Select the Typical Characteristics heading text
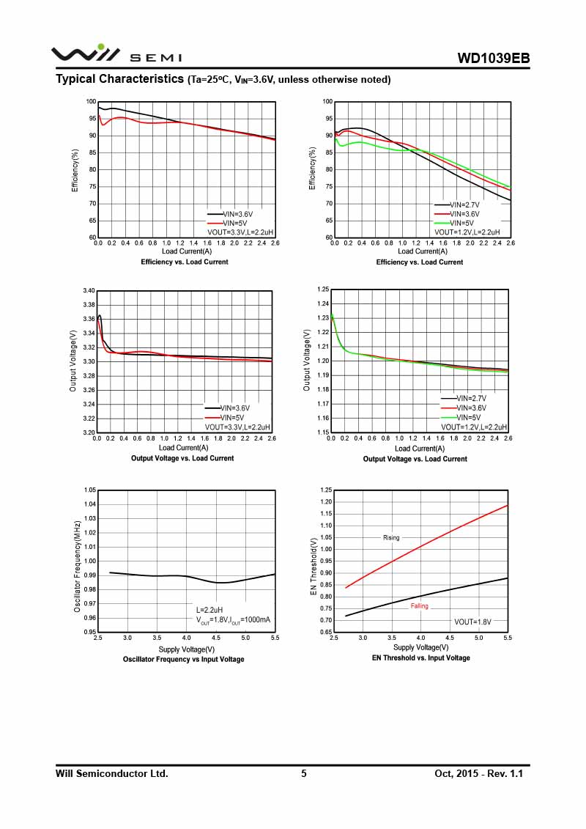click(x=119, y=79)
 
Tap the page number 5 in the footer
click(x=304, y=773)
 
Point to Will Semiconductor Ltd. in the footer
click(x=112, y=773)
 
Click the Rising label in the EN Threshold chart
click(x=391, y=538)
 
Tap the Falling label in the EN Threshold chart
click(x=419, y=606)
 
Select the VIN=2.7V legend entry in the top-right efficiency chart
click(x=464, y=205)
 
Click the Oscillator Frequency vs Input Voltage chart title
click(x=183, y=659)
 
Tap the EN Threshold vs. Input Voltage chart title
click(x=420, y=658)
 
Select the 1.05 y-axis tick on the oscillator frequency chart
click(x=89, y=490)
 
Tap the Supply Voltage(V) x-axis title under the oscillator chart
click(x=186, y=649)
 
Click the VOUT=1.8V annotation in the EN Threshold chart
click(x=472, y=622)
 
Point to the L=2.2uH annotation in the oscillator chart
click(x=211, y=610)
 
